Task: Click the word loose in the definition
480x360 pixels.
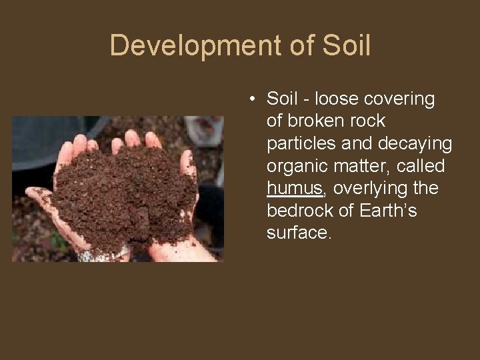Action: tap(337, 99)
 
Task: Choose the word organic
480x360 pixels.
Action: tap(297, 167)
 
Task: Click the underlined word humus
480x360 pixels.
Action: tap(294, 189)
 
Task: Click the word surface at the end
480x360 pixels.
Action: tap(298, 233)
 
